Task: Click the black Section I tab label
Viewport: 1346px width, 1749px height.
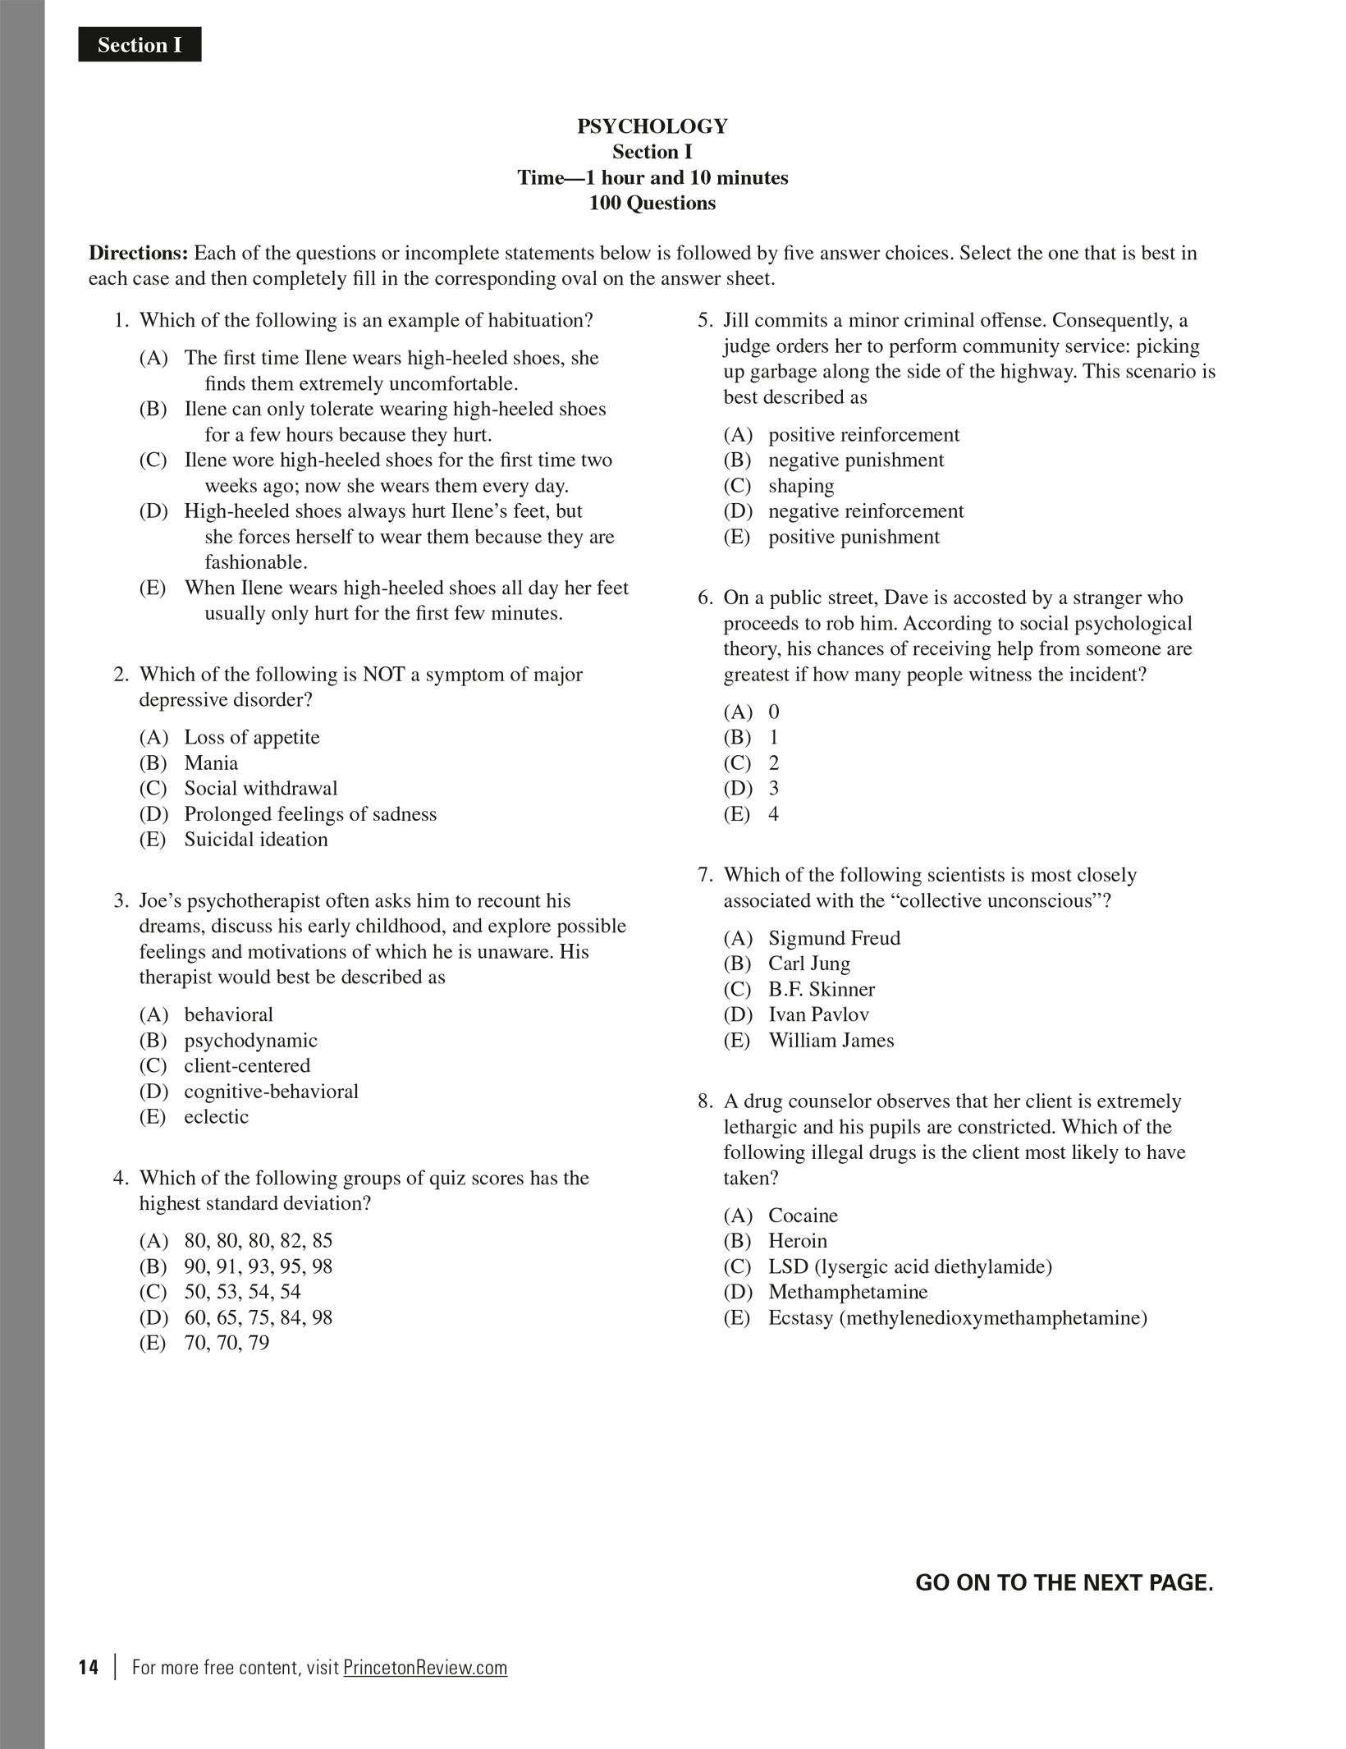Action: pos(140,45)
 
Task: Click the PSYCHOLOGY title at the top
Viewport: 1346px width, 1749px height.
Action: pos(652,126)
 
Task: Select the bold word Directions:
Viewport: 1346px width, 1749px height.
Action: pos(139,253)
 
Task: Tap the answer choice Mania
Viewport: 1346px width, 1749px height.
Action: pos(211,762)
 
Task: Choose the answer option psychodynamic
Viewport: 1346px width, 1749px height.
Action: pos(250,1040)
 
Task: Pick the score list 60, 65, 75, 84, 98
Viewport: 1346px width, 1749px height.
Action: pos(258,1317)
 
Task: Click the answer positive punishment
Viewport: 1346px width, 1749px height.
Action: pos(854,537)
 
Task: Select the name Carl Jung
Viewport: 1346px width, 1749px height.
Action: pos(808,964)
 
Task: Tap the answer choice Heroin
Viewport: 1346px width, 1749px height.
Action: pos(797,1241)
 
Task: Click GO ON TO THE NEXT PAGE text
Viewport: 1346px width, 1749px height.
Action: pos(1064,1582)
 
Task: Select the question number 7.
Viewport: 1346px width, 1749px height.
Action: pos(705,875)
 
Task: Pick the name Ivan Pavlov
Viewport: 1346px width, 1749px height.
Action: pos(818,1014)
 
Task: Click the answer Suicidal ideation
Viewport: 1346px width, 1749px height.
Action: pos(255,839)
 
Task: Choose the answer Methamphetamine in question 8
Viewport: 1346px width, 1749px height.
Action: pos(847,1292)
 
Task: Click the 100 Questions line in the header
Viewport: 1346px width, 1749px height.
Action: pos(652,203)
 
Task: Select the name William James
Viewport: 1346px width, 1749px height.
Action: pos(831,1040)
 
